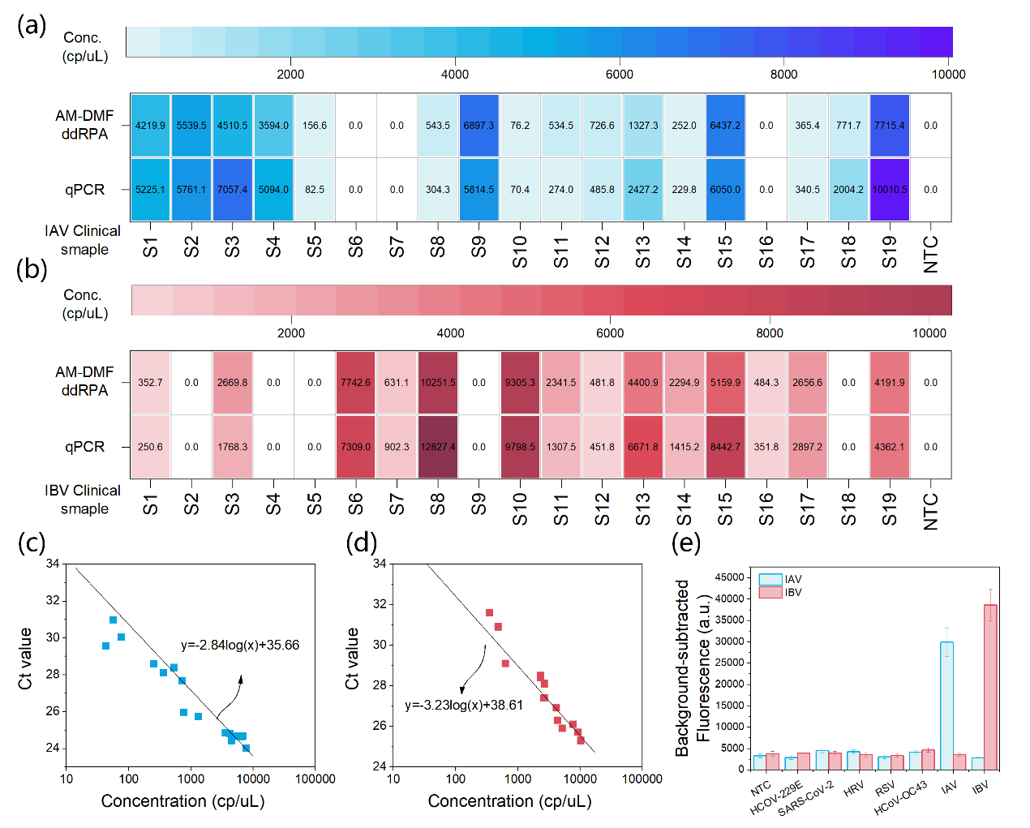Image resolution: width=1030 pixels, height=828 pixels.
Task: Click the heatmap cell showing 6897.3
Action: [x=479, y=126]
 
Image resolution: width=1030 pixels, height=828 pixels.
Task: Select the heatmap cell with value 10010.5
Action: [x=890, y=190]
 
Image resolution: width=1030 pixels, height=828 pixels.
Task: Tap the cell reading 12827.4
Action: [x=438, y=447]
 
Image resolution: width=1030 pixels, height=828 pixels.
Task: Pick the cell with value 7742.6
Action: [x=355, y=383]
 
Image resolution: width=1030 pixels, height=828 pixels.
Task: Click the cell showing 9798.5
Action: [x=520, y=447]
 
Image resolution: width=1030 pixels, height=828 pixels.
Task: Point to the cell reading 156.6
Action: [x=315, y=126]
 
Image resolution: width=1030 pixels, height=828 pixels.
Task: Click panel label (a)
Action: [x=32, y=25]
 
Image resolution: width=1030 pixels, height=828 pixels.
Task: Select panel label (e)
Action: [x=686, y=543]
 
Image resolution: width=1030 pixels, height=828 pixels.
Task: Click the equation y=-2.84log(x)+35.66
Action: [x=240, y=646]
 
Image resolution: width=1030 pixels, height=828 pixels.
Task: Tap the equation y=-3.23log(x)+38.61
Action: [x=464, y=706]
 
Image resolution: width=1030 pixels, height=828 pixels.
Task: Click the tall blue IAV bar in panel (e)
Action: [x=946, y=705]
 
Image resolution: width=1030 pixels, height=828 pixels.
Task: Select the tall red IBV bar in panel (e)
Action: [x=990, y=686]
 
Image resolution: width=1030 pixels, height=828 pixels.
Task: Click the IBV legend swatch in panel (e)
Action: [x=770, y=593]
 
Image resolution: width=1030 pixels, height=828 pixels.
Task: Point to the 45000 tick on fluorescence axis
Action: [x=729, y=577]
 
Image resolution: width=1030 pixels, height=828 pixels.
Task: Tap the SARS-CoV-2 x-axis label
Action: [x=805, y=799]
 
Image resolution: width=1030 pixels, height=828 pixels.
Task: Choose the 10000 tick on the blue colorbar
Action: [x=948, y=75]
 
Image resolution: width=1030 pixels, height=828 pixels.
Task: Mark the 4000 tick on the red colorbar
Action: [x=451, y=333]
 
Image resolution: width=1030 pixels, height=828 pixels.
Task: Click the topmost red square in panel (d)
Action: [x=489, y=613]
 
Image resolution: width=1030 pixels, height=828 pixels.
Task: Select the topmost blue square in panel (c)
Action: [x=113, y=620]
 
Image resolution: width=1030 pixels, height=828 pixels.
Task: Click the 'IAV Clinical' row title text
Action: [x=83, y=231]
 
